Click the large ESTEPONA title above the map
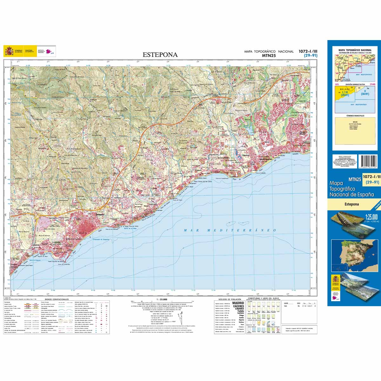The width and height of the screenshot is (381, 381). click(x=160, y=55)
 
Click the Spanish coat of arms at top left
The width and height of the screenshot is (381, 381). click(x=8, y=51)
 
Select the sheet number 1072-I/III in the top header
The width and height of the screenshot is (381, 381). click(x=308, y=51)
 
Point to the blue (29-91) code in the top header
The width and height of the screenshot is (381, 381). click(x=310, y=56)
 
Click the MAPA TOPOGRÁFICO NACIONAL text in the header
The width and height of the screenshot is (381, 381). click(x=269, y=51)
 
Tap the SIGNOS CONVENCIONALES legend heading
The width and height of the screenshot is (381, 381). click(x=57, y=299)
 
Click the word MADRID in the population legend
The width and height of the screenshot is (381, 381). click(x=238, y=303)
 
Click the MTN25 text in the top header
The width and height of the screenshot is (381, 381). click(x=269, y=56)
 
